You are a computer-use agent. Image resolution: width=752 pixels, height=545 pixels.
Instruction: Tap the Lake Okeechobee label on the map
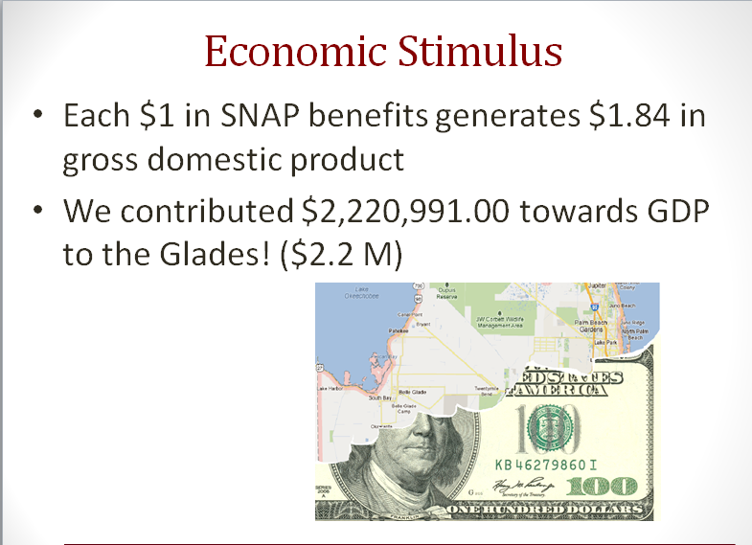[x=361, y=293]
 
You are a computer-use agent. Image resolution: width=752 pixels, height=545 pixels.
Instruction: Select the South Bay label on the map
[x=380, y=397]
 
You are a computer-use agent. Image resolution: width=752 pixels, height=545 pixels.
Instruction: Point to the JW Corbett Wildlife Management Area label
[x=499, y=323]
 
